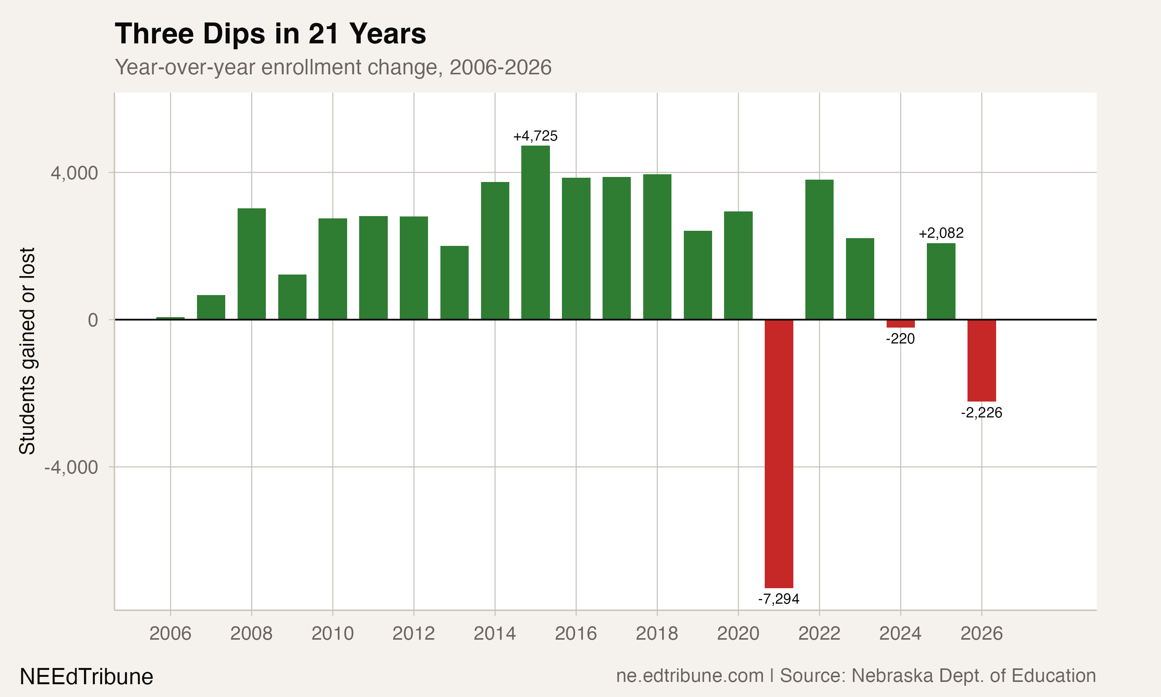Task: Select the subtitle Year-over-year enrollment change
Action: [x=333, y=67]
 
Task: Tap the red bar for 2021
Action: [x=779, y=453]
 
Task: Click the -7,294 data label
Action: [x=779, y=599]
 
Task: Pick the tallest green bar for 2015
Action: [x=536, y=232]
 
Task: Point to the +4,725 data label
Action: [x=536, y=136]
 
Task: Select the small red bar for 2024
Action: [x=900, y=324]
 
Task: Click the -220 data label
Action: [x=900, y=339]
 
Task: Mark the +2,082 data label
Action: [x=941, y=233]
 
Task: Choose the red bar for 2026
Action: [x=981, y=360]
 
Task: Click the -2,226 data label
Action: [x=981, y=413]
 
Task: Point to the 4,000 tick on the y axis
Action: [x=74, y=173]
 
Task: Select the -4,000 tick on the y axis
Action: [x=71, y=467]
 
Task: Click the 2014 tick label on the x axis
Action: [x=495, y=633]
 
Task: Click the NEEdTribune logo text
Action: [x=86, y=677]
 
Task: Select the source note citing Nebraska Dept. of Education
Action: [x=856, y=675]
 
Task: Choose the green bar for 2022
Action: [x=819, y=249]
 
